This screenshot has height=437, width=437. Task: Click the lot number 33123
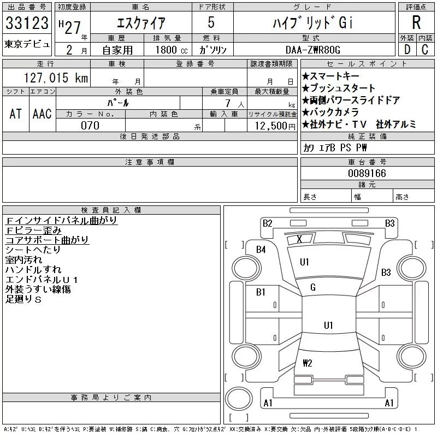pos(27,23)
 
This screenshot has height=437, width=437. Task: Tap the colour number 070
pos(91,126)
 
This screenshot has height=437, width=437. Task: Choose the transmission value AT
pos(15,114)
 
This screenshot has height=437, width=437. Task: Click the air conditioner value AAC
pos(42,114)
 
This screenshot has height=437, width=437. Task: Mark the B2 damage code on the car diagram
pos(268,223)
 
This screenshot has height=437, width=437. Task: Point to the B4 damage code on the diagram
pos(261,250)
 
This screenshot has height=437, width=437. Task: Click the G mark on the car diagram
pos(313,287)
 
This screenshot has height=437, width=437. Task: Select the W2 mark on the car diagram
pos(308,363)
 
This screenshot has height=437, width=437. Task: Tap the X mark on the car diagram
pos(299,239)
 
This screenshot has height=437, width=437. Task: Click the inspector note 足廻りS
pos(23,299)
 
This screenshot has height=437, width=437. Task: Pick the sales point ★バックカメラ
pos(330,112)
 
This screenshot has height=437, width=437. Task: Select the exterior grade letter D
pos(407,50)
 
